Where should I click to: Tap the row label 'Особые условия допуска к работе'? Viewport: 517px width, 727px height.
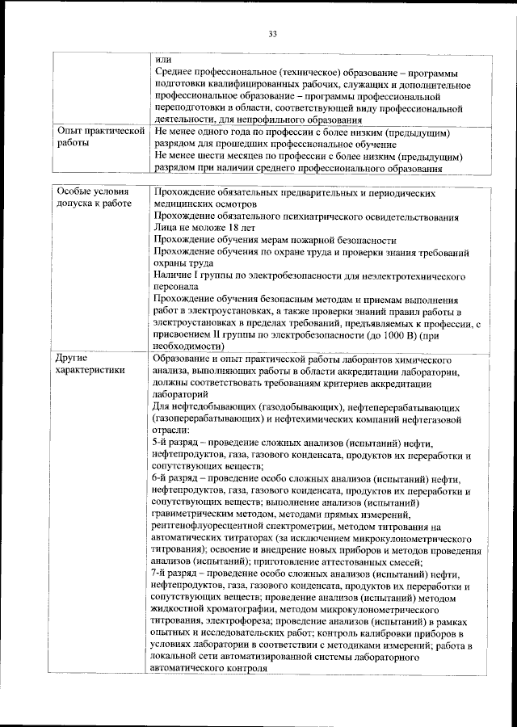click(x=92, y=200)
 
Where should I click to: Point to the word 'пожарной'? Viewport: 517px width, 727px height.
click(x=309, y=241)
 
